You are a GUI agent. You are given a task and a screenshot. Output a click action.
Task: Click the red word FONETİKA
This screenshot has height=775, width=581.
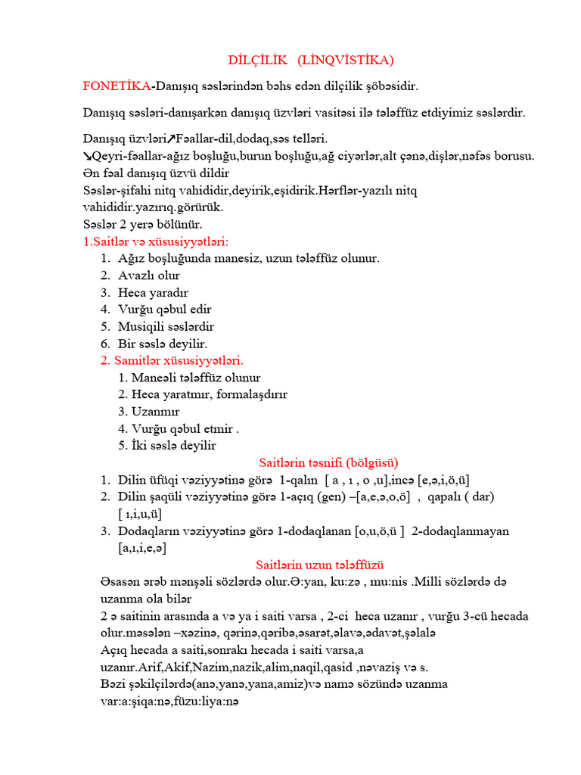point(117,86)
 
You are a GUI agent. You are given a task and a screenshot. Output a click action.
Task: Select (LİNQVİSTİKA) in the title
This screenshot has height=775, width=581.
point(346,60)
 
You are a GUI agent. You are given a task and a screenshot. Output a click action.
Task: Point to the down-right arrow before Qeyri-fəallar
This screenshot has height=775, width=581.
point(87,156)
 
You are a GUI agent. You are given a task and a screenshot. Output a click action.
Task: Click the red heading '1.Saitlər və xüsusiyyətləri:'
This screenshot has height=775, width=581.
point(155,241)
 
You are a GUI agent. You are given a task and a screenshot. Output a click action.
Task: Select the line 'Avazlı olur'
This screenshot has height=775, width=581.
point(149,275)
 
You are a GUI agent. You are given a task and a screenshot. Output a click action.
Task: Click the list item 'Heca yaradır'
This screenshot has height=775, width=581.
point(153,292)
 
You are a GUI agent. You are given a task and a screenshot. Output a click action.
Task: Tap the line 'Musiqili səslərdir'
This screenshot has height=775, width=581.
point(166,326)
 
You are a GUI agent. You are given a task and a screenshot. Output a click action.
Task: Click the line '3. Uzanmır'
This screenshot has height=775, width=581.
point(149,411)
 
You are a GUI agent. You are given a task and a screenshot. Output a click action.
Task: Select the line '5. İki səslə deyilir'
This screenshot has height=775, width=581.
point(167,445)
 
